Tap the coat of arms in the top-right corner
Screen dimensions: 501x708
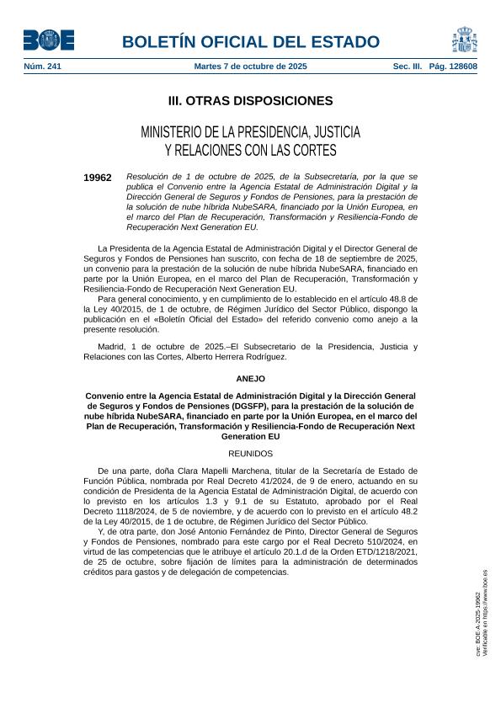coord(464,39)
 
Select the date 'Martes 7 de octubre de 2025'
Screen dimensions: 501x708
coord(250,66)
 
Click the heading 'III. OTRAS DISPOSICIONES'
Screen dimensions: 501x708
coord(250,101)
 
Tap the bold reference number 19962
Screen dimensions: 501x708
coord(98,178)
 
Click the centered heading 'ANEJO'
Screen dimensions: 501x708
coord(250,379)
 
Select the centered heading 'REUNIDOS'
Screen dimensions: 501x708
coord(250,453)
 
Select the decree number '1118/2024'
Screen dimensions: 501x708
coord(149,512)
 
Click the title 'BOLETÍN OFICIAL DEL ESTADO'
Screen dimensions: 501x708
coord(251,41)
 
